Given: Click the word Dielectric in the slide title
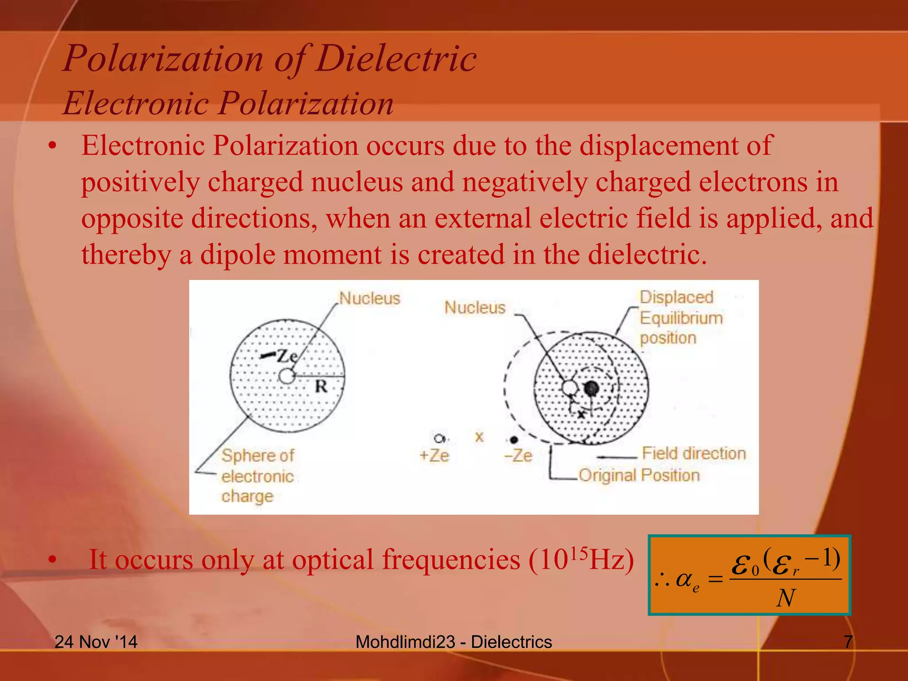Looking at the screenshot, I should coord(396,59).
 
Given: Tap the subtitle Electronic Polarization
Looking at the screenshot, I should coord(228,103).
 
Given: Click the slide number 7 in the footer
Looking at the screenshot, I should coord(848,642).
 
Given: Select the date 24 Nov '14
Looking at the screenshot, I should coord(96,642).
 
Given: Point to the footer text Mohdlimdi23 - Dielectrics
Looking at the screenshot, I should coord(454,642).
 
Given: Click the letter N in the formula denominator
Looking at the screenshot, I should coord(786,598).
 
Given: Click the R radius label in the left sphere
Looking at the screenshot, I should coord(321,387).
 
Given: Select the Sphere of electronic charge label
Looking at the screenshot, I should coord(257,476).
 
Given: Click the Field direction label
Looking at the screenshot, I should coord(694,453).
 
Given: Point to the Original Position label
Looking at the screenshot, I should coord(639,475).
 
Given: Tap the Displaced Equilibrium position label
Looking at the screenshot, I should coord(680,317).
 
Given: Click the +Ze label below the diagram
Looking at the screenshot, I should coord(434,455).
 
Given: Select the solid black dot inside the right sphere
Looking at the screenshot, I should coord(591,388).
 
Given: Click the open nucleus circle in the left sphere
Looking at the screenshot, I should coord(287,376).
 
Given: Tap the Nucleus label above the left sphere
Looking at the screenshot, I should coord(369,298).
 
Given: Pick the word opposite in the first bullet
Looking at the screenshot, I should coord(132,219).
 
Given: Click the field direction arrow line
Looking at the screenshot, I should coord(616,457).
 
